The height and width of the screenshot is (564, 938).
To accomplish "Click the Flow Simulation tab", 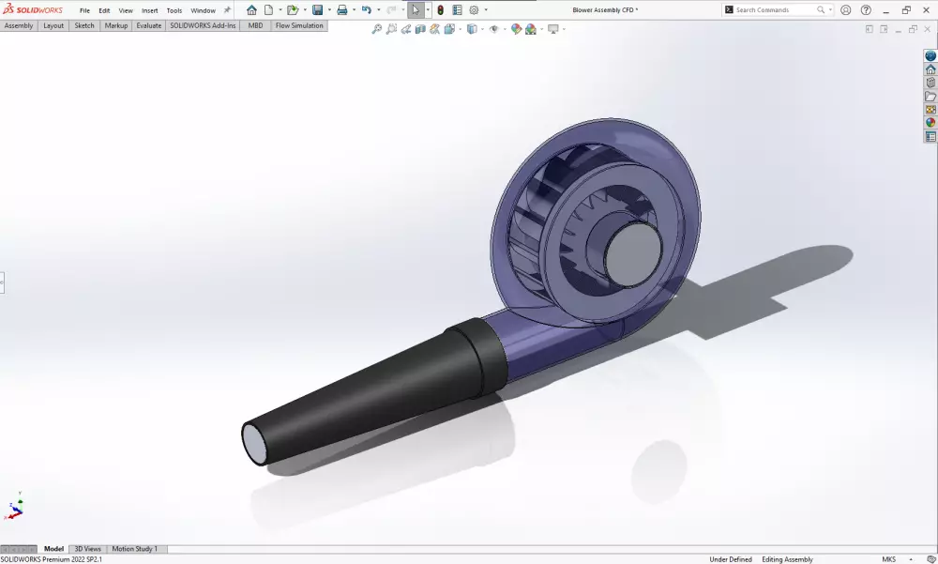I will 299,25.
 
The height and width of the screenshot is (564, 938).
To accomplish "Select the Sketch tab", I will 84,25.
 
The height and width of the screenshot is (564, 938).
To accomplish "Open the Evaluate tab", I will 148,25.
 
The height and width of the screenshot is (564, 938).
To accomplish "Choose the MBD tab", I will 255,25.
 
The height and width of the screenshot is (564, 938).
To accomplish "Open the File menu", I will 84,10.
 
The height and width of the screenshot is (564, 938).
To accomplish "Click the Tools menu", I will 174,10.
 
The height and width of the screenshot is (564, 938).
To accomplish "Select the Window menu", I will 203,10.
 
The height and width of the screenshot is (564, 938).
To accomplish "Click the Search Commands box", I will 774,10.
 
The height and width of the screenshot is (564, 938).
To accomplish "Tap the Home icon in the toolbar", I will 251,10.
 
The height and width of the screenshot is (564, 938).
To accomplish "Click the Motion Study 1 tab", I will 135,549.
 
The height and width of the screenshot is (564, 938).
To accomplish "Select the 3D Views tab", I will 87,549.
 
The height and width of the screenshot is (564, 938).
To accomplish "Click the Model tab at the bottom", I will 54,549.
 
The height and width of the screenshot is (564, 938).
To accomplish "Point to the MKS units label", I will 889,559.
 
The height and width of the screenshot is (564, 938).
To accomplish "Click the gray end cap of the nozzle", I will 255,443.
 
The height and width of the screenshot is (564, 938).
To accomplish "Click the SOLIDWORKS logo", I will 33,10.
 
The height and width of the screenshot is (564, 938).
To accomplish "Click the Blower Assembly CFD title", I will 605,10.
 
